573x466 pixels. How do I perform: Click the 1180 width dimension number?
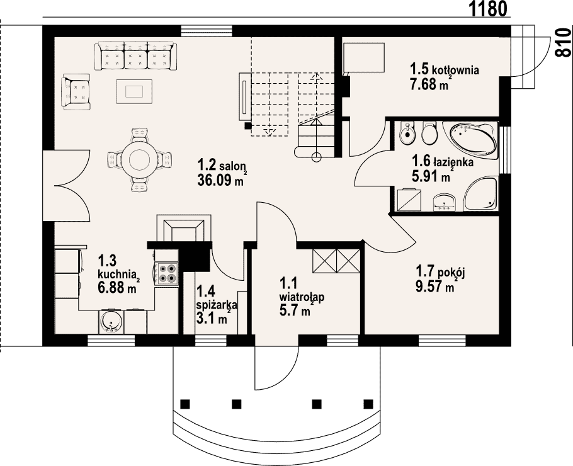click(488, 9)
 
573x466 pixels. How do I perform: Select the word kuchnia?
click(117, 274)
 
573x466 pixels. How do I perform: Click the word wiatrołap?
click(302, 297)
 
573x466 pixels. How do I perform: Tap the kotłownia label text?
click(455, 69)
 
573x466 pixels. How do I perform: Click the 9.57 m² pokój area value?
click(435, 286)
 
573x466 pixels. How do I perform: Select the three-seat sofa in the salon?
click(135, 55)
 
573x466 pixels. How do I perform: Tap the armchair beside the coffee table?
click(76, 91)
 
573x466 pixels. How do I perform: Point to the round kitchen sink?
click(111, 322)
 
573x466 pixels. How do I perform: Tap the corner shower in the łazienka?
click(480, 193)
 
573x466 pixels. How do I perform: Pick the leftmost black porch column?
click(185, 404)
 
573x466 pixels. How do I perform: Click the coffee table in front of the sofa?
click(134, 91)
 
